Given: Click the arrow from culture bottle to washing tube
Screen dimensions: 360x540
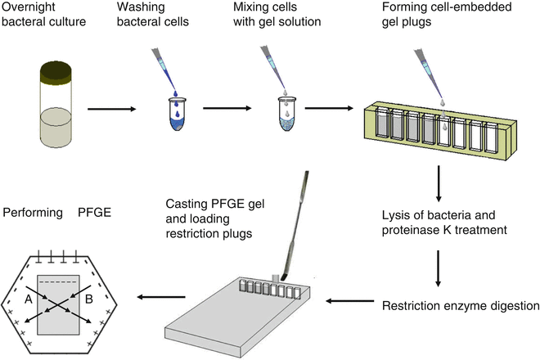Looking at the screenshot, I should click(112, 107).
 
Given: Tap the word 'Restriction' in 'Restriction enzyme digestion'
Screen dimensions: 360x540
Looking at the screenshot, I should click(413, 308).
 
